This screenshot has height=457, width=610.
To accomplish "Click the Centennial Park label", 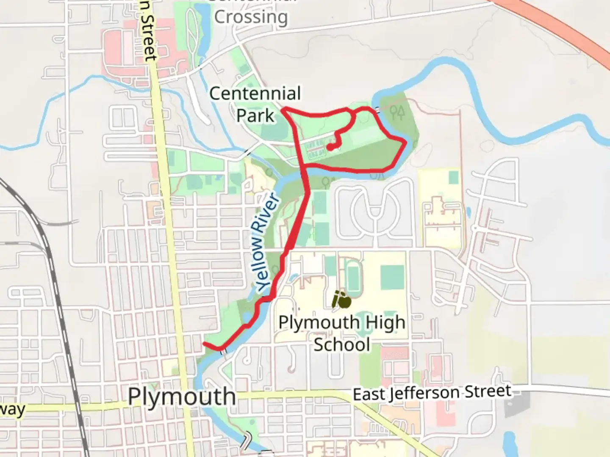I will pyautogui.click(x=255, y=104).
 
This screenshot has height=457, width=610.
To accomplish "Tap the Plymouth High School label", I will pyautogui.click(x=341, y=333).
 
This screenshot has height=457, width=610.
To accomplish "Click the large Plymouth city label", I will pyautogui.click(x=182, y=397).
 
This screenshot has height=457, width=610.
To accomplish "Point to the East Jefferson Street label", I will pyautogui.click(x=432, y=393).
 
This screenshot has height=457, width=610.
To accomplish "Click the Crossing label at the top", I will pyautogui.click(x=251, y=17).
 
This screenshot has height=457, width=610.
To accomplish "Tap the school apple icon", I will pyautogui.click(x=341, y=300).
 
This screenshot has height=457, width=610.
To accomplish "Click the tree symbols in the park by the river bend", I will pyautogui.click(x=397, y=112).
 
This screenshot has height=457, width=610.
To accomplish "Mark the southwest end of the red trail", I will pyautogui.click(x=205, y=344).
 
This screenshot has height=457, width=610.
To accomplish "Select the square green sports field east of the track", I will pyautogui.click(x=392, y=277).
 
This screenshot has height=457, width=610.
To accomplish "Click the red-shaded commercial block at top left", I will pyautogui.click(x=123, y=55).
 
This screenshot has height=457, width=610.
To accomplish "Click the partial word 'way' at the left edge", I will pyautogui.click(x=13, y=410).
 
